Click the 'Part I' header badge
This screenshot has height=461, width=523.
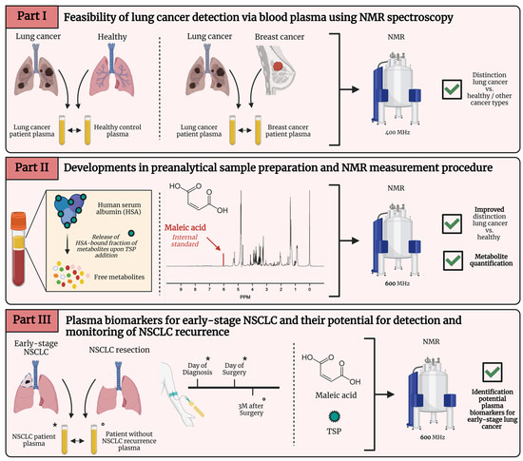pos(30,17)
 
